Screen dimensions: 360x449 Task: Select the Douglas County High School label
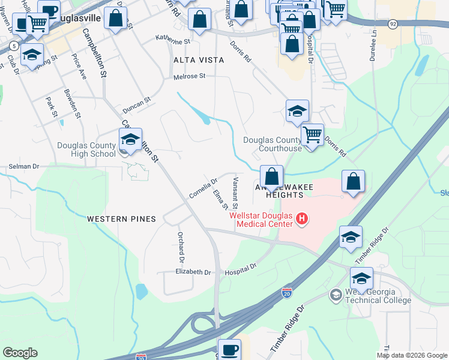pyautogui.click(x=86, y=149)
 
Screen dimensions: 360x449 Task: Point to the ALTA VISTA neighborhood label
pyautogui.click(x=199, y=60)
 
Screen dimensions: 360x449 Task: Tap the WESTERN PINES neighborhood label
pyautogui.click(x=121, y=219)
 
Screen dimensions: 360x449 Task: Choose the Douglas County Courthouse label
pyautogui.click(x=272, y=144)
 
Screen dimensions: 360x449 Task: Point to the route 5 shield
pyautogui.click(x=14, y=45)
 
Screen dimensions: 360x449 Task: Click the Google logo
pyautogui.click(x=20, y=353)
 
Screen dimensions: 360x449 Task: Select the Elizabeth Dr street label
pyautogui.click(x=193, y=272)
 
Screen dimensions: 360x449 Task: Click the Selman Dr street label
pyautogui.click(x=23, y=166)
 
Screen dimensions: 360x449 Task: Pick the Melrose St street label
pyautogui.click(x=189, y=76)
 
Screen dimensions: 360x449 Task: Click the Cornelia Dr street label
pyautogui.click(x=203, y=188)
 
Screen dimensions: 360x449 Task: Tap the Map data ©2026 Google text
pyautogui.click(x=412, y=355)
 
